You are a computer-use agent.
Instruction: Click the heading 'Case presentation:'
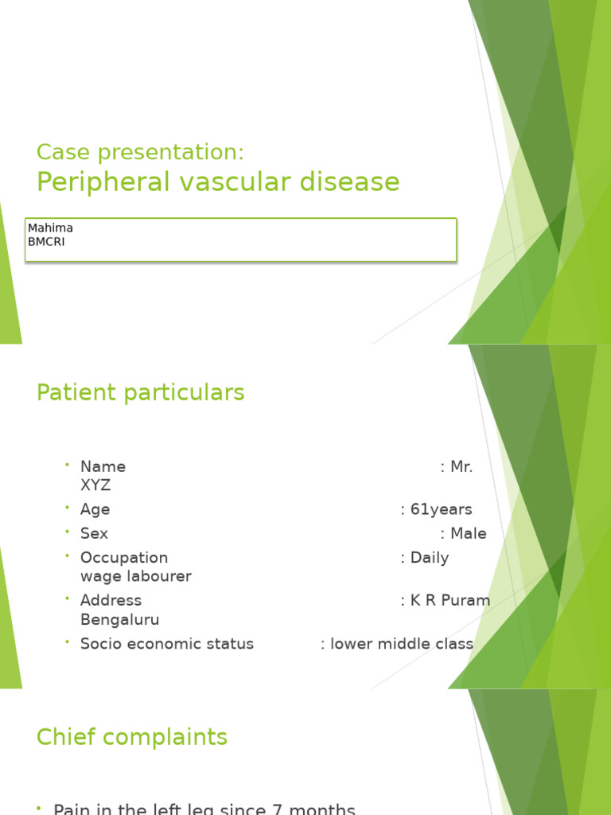[140, 152]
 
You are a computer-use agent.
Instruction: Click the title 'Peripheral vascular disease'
[218, 182]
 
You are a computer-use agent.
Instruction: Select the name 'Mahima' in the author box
[50, 228]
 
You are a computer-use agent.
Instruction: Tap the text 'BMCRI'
[46, 242]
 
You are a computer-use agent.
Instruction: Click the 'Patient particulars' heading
[140, 392]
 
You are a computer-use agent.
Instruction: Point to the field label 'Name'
[103, 467]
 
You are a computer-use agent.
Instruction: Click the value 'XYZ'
[95, 485]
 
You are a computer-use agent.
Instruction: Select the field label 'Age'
[95, 509]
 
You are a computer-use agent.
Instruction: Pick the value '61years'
[441, 509]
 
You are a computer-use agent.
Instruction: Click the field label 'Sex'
[94, 533]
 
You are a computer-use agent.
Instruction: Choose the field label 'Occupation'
[124, 558]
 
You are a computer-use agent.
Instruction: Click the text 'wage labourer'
[135, 576]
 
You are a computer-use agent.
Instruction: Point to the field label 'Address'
[111, 600]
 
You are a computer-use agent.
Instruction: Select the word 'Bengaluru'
[119, 619]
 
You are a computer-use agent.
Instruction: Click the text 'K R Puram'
[450, 600]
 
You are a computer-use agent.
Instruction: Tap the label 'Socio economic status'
[167, 644]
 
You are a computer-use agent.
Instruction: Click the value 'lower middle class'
[402, 644]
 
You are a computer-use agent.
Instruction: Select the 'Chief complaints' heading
[132, 738]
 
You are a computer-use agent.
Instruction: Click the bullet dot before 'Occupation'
[68, 556]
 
